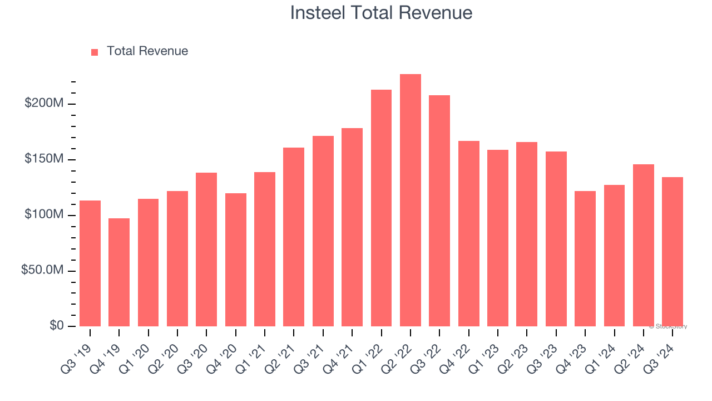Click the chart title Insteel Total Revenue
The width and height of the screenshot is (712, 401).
pos(381,13)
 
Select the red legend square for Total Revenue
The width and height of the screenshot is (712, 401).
pos(95,52)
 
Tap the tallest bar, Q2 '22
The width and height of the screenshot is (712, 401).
pos(411,200)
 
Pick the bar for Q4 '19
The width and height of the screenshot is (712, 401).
pos(119,272)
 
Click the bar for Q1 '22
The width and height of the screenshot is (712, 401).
pos(381,208)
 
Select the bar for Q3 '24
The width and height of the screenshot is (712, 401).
pos(673,252)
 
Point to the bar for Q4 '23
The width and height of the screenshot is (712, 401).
pos(585,258)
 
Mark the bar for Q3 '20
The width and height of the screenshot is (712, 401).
pos(206,250)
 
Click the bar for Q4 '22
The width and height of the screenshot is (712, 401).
pos(469,234)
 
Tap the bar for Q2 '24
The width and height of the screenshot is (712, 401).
pos(644,245)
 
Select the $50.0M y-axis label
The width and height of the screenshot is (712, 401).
pos(42,270)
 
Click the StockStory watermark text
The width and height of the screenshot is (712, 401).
pos(668,326)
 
